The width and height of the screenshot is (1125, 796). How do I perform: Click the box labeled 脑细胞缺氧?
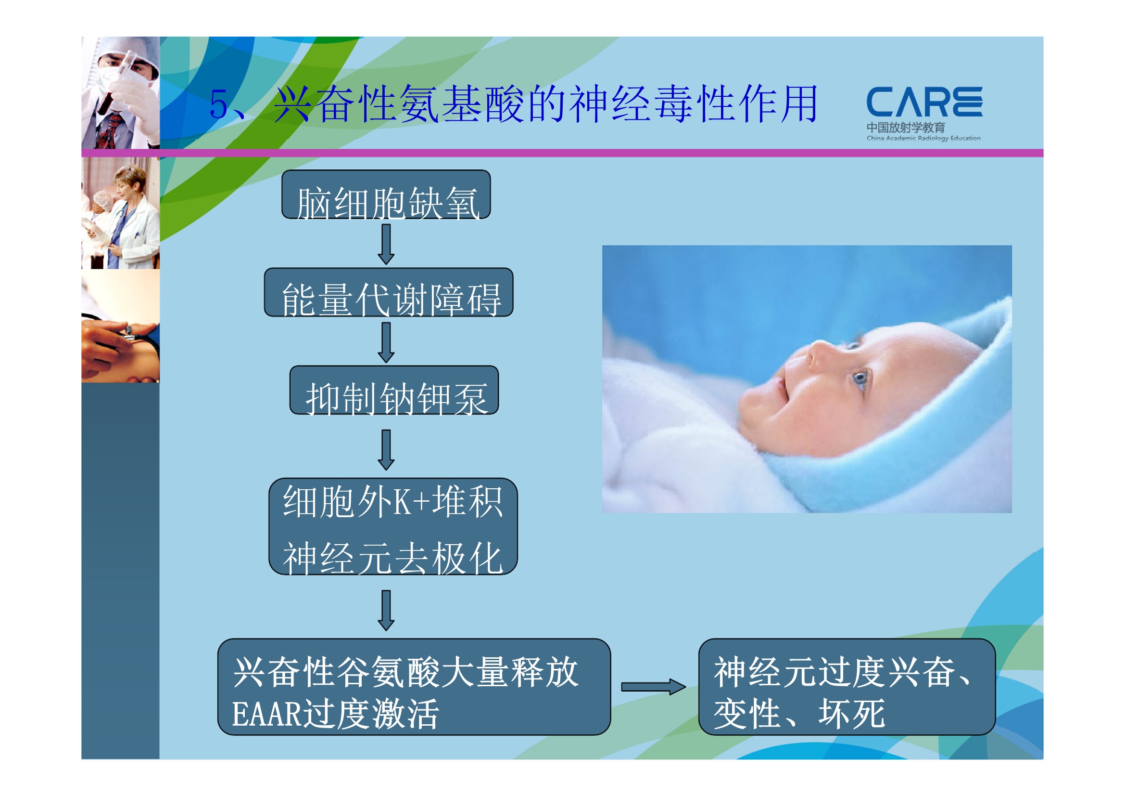click(x=386, y=194)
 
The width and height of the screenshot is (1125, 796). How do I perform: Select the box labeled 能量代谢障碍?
click(x=389, y=292)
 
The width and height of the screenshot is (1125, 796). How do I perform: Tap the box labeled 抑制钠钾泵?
click(x=394, y=390)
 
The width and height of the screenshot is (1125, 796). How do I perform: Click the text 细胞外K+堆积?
click(x=392, y=502)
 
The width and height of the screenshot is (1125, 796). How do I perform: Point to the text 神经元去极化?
click(x=392, y=558)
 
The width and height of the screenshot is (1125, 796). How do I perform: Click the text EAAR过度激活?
click(x=335, y=714)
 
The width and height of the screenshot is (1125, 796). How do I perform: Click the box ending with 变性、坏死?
click(x=847, y=687)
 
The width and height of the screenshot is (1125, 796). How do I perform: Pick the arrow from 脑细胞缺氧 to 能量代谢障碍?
click(x=386, y=244)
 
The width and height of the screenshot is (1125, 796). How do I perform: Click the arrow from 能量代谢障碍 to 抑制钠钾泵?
click(x=386, y=342)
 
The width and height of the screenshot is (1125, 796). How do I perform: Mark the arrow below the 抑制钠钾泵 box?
click(x=386, y=450)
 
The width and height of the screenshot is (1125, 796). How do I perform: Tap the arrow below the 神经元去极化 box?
click(x=386, y=610)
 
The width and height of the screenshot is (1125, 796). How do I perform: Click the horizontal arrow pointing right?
click(x=654, y=687)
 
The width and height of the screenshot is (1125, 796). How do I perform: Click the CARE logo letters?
click(x=924, y=102)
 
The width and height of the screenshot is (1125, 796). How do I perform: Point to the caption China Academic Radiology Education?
click(x=923, y=138)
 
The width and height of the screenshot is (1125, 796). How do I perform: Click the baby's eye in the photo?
click(x=860, y=378)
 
